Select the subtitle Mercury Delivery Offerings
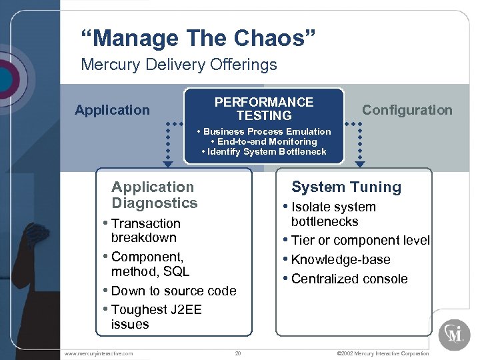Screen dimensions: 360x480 coord(179,65)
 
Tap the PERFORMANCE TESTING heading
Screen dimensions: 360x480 coord(264,109)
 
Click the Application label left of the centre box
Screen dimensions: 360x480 coord(112,110)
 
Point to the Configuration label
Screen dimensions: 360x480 coord(407,110)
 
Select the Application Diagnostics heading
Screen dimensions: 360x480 coord(154,195)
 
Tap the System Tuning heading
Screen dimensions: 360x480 coord(346,187)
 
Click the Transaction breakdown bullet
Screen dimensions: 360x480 coord(145,230)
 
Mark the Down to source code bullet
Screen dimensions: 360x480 coord(173,291)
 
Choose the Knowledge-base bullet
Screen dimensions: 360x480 coord(341,260)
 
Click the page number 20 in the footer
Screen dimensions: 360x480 coord(238,353)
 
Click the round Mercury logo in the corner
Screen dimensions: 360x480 coord(455,334)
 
